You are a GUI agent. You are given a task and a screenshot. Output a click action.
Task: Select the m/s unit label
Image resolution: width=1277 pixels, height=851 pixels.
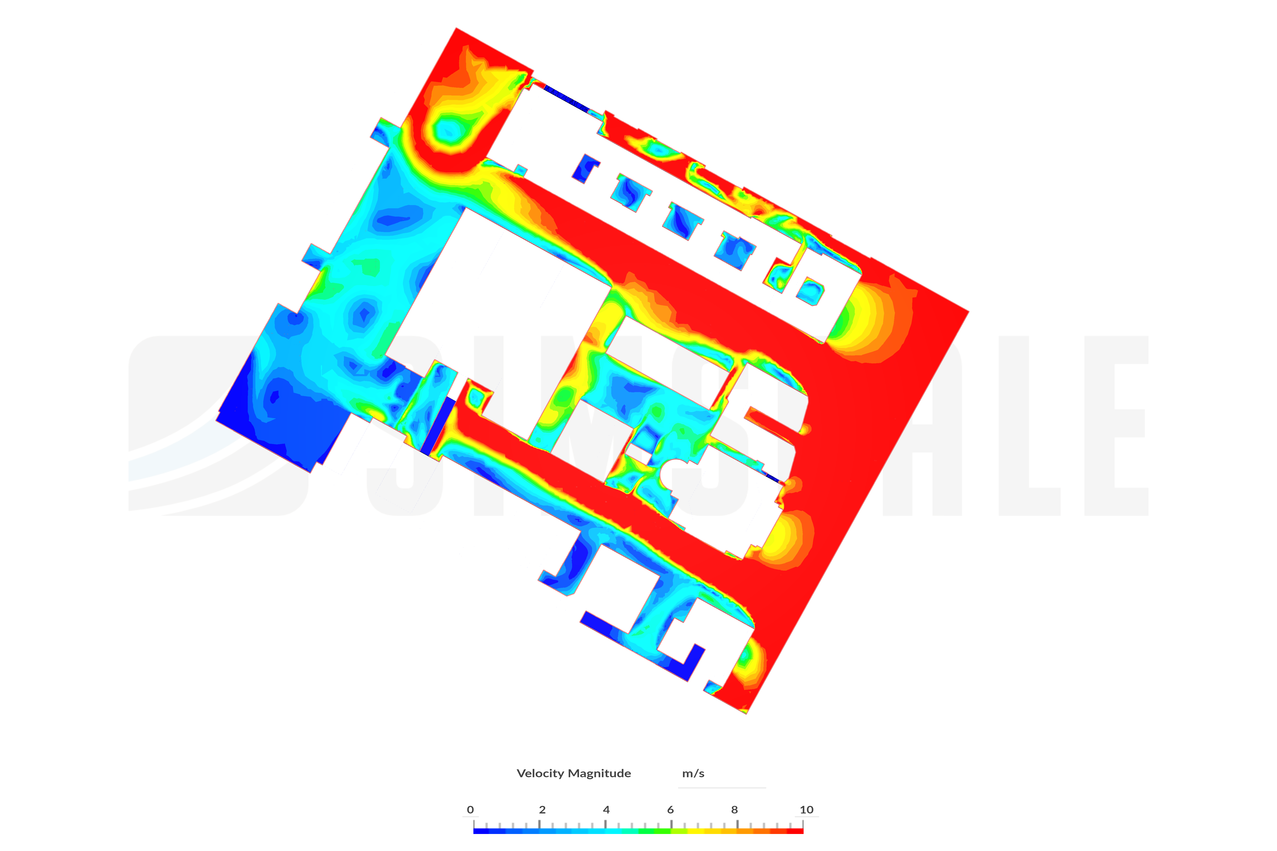click(x=693, y=773)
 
